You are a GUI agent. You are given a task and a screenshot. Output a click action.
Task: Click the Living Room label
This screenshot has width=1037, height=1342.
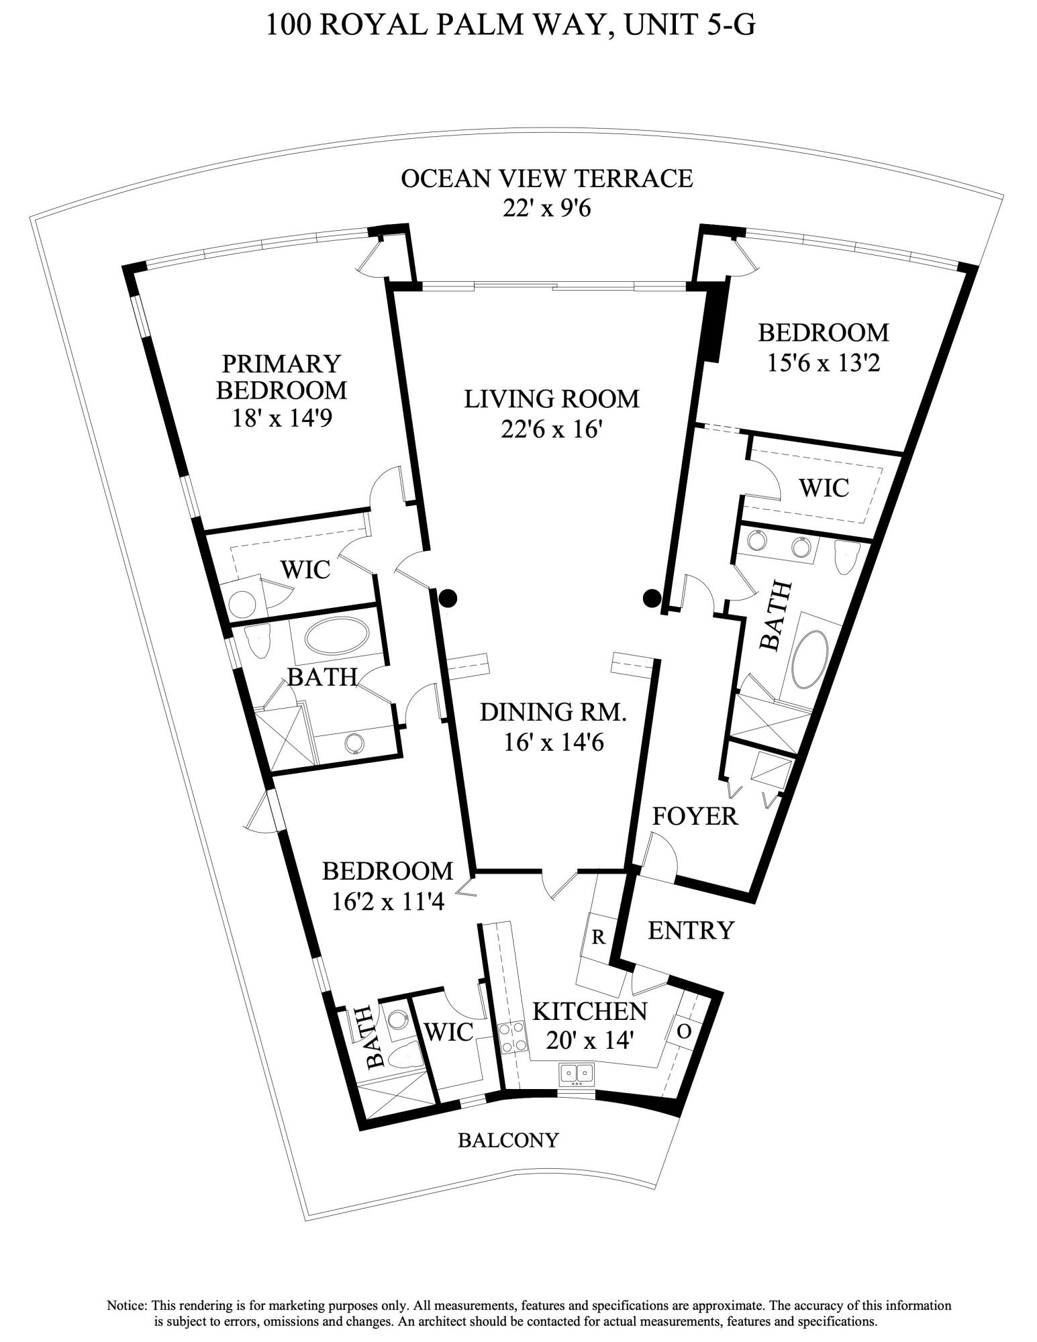pos(551,399)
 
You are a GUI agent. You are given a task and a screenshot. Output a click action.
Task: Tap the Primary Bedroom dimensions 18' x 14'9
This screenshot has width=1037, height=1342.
pos(282,419)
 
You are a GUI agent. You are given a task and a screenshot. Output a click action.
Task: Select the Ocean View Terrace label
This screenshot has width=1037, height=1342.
pos(546,178)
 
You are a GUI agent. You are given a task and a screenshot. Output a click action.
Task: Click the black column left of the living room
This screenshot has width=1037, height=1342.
pos(448,597)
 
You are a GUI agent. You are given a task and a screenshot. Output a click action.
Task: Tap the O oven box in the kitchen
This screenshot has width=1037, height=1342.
pos(683,1031)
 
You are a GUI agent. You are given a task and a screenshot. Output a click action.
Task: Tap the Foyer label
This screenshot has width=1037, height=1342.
pos(695,816)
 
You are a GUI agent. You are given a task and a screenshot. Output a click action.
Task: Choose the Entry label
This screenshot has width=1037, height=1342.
pos(691,930)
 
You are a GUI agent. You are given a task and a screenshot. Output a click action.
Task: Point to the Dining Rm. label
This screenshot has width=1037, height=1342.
pos(553,712)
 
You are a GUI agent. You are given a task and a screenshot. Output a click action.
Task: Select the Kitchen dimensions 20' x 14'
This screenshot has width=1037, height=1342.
pos(589,1041)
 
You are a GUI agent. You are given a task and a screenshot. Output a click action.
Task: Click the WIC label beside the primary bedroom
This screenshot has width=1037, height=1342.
pos(305,570)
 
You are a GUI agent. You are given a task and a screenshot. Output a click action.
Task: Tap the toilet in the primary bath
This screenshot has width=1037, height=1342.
pos(258,642)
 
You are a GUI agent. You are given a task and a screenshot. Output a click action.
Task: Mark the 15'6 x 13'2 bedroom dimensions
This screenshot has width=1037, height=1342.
pos(822,363)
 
